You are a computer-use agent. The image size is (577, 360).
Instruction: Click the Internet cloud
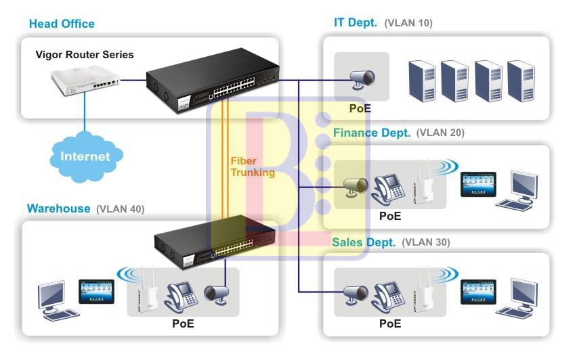[x=85, y=156]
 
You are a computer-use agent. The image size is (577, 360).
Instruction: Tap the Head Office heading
[x=62, y=24]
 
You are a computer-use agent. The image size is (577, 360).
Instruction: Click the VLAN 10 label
[x=408, y=23]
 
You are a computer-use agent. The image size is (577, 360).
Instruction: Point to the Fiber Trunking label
[x=253, y=166]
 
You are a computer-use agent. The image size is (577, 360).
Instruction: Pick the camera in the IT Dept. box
[x=361, y=78]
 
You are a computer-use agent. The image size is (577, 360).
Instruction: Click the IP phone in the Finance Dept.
[x=390, y=188]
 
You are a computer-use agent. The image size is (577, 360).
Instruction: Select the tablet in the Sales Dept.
[x=477, y=291]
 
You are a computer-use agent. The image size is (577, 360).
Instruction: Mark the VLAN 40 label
[x=121, y=209]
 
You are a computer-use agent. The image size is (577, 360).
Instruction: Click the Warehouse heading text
[x=58, y=208]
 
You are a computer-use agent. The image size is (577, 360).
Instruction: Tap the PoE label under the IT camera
[x=360, y=108]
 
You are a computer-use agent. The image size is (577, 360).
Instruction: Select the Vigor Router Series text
[x=85, y=55]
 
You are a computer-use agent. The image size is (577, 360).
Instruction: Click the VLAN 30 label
[x=426, y=242]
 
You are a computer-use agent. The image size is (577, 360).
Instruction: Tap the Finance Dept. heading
[x=372, y=133]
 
